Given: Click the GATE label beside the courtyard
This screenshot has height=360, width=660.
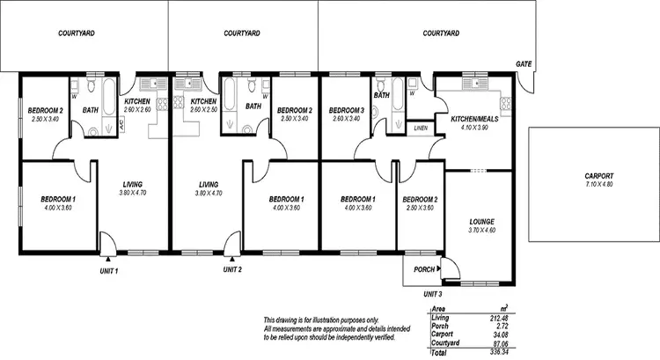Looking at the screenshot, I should [x=524, y=64].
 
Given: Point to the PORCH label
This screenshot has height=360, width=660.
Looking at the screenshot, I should [x=423, y=269].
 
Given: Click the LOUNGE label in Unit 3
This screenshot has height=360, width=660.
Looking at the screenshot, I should [x=481, y=222].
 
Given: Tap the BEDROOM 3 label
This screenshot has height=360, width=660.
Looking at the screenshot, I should [x=347, y=110].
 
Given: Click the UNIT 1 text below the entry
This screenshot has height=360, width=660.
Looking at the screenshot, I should [x=109, y=270].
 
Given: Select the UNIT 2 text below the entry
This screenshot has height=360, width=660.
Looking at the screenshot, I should [x=232, y=270].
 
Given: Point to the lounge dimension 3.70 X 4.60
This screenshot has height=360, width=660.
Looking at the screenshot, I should [x=481, y=231].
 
